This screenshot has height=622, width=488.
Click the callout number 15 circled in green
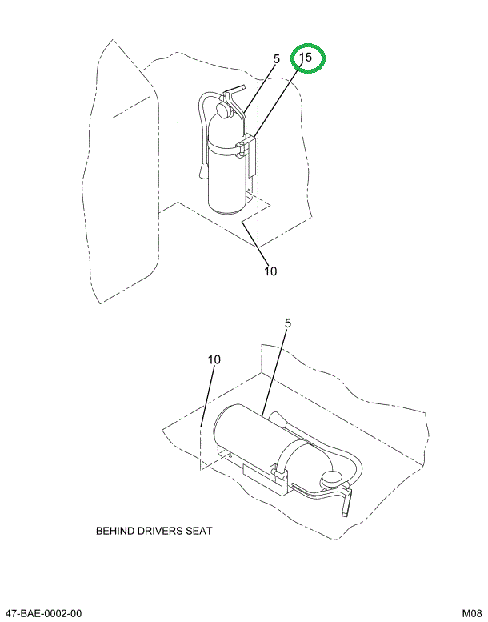coord(307,58)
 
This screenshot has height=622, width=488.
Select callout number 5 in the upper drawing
coord(276,59)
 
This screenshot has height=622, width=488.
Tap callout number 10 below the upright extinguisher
coord(270,271)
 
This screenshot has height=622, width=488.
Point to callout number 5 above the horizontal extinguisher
coord(287,324)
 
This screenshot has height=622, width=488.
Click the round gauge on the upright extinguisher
coord(225,109)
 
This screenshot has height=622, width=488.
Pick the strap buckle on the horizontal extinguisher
coord(281,477)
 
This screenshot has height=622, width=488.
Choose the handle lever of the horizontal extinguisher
coord(346,504)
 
